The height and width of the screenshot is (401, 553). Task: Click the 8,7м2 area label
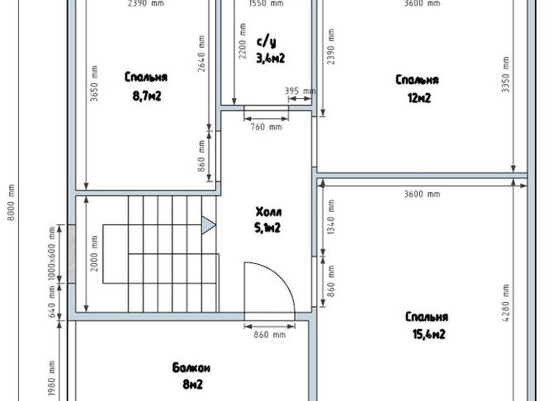[147, 96]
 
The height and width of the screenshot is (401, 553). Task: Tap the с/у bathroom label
[267, 41]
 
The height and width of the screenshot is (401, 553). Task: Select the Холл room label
[269, 212]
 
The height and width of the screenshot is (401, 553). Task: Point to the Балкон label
[191, 368]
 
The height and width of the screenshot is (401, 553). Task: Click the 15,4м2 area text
[429, 333]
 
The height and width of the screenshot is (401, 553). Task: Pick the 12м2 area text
[419, 97]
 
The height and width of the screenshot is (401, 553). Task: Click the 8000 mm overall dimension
[11, 203]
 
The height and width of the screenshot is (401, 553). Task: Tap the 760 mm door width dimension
[267, 126]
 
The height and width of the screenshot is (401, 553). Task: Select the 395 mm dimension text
[300, 91]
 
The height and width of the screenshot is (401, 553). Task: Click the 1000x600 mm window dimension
[51, 253]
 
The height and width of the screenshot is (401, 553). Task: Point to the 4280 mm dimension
[505, 303]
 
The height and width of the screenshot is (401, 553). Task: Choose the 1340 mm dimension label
[331, 217]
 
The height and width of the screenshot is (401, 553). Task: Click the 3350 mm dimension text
[505, 74]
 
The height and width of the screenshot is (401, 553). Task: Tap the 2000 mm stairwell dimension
[94, 253]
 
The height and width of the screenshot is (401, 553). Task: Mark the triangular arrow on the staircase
[209, 225]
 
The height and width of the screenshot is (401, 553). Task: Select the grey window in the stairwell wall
[72, 254]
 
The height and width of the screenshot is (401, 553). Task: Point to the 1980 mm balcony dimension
[51, 378]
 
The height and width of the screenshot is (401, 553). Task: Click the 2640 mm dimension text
[201, 54]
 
